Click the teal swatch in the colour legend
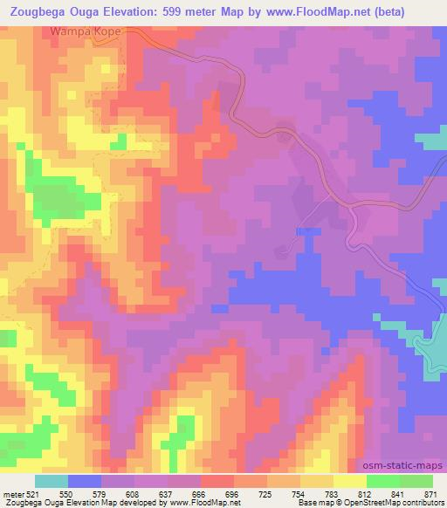[52, 481]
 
